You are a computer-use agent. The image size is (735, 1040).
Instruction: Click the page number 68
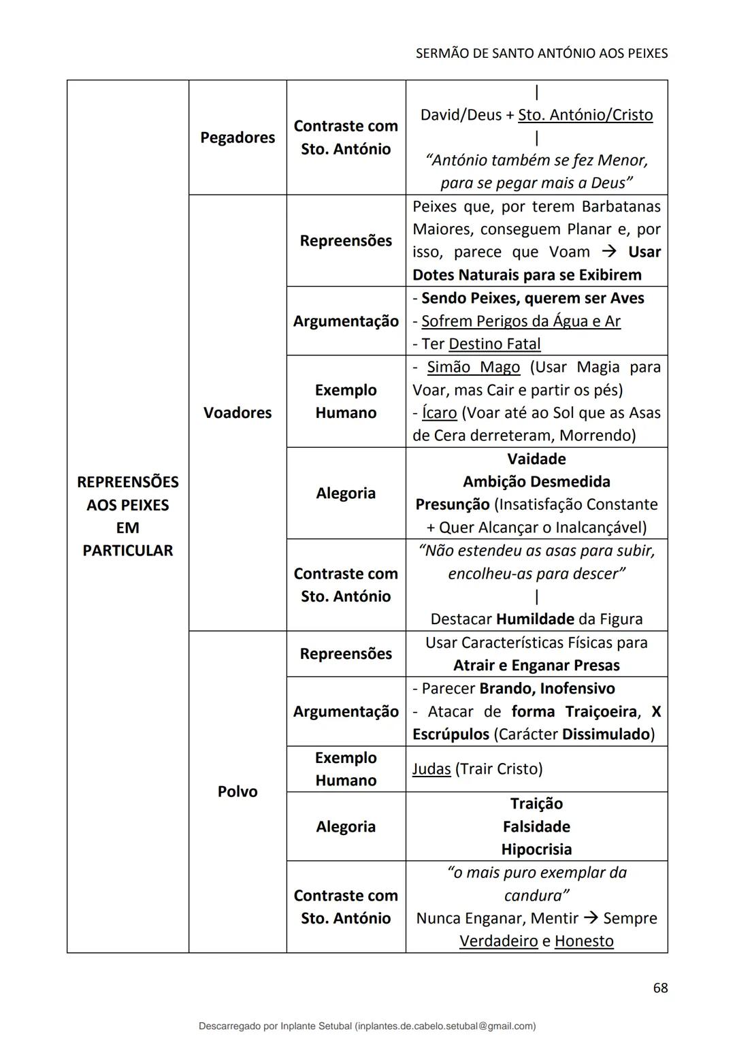click(x=659, y=988)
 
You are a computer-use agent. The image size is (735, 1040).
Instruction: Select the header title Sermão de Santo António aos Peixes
click(x=541, y=53)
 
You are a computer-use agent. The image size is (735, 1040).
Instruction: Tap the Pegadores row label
click(x=238, y=137)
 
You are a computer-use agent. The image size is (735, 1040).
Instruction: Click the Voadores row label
click(x=238, y=412)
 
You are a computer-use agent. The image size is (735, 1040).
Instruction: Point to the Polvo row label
click(x=238, y=792)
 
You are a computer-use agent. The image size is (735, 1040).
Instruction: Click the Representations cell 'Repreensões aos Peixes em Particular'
click(x=128, y=516)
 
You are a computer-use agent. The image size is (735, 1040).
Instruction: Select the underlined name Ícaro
click(x=439, y=412)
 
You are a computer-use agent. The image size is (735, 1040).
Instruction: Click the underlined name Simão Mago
click(x=473, y=367)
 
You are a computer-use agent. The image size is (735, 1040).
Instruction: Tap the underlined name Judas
click(x=431, y=768)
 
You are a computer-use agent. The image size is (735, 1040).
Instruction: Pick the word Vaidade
click(x=536, y=459)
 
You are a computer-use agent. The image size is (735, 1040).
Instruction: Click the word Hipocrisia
click(x=536, y=849)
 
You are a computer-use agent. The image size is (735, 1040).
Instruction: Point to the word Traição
click(x=536, y=804)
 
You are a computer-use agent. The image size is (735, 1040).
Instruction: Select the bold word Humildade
click(x=535, y=619)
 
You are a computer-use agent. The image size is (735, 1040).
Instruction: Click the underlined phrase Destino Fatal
click(x=495, y=344)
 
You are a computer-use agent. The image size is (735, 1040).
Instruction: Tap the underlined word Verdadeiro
click(x=498, y=941)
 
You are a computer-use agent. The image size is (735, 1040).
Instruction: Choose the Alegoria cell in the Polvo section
click(x=346, y=826)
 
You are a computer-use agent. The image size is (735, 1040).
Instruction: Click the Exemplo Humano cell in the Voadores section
click(x=346, y=401)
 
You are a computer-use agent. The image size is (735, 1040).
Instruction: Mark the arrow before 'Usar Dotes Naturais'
click(x=610, y=252)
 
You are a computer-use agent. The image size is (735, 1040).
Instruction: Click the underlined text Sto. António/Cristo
click(x=585, y=115)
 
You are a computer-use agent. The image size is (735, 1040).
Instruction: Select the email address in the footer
click(x=446, y=1026)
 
